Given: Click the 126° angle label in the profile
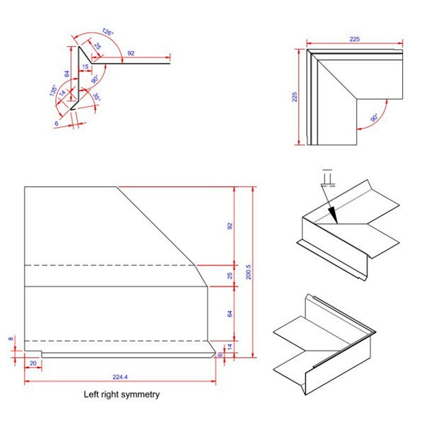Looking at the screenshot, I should pos(107,31).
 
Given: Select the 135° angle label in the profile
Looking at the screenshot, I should pos(53,91).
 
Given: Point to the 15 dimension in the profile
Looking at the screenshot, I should pos(85,66).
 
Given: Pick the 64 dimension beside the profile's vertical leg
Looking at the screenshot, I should pos(66,73).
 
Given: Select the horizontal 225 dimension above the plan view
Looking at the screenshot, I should pos(354,40).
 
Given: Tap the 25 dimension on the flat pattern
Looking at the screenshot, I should pos(229,276).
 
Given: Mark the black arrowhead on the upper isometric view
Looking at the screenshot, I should pos(334,212).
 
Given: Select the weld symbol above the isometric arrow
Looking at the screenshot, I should pos(326,175).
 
